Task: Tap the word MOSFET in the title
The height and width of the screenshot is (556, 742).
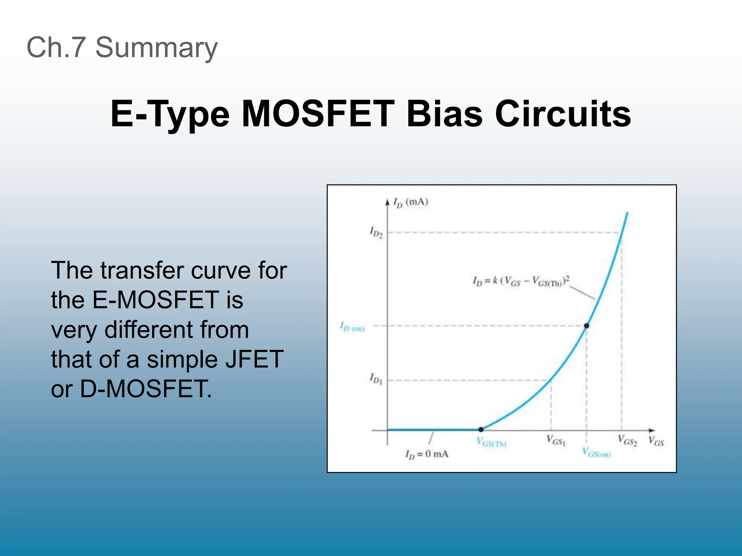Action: click(318, 114)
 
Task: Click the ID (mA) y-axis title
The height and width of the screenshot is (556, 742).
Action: click(411, 203)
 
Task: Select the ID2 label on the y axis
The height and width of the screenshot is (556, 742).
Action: click(376, 232)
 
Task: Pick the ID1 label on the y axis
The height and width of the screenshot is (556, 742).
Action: click(376, 379)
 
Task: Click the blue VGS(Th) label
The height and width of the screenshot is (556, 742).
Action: click(491, 442)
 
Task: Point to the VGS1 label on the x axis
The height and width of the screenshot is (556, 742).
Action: click(556, 441)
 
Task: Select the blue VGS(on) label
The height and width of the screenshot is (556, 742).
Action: click(596, 452)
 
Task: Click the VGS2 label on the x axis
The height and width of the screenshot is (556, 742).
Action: click(627, 441)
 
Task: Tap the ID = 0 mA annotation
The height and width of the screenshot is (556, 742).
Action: click(427, 454)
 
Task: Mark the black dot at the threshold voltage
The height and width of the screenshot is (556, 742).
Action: click(481, 430)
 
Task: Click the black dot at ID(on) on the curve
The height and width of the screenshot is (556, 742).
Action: click(587, 326)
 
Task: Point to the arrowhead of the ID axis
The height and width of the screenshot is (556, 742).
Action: click(387, 201)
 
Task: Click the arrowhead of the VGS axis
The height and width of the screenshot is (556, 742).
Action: click(652, 430)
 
